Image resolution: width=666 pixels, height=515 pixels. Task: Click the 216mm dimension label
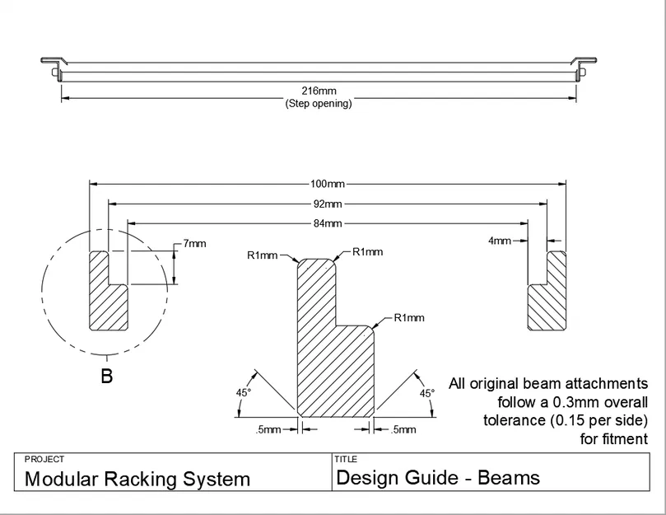pyautogui.click(x=318, y=92)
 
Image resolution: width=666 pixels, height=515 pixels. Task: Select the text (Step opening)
pyautogui.click(x=318, y=104)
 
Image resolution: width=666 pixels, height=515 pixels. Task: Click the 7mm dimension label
pyautogui.click(x=195, y=244)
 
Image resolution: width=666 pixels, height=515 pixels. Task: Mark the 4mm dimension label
pyautogui.click(x=499, y=241)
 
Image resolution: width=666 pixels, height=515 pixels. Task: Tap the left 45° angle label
pyautogui.click(x=244, y=393)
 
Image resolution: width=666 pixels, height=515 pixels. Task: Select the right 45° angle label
pyautogui.click(x=426, y=393)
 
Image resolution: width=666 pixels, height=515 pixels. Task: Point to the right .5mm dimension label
pyautogui.click(x=403, y=429)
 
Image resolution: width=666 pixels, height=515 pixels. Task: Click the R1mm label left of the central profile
pyautogui.click(x=263, y=255)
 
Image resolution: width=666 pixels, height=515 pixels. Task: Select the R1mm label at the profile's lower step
pyautogui.click(x=409, y=317)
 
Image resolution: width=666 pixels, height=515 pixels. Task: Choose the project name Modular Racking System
pyautogui.click(x=137, y=479)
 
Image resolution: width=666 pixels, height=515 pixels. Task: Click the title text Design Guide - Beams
pyautogui.click(x=438, y=477)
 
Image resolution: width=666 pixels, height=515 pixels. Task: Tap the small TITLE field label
pyautogui.click(x=344, y=459)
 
